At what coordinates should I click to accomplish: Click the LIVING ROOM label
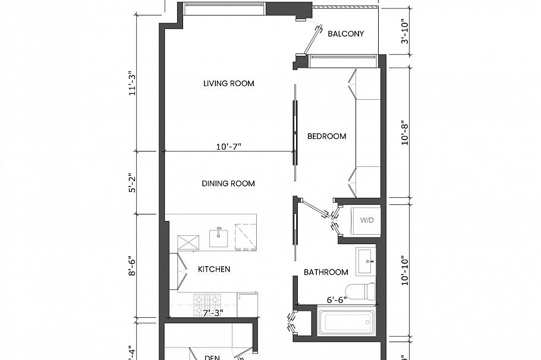[228, 83]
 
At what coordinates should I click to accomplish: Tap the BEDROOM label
[326, 136]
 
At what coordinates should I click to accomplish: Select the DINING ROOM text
[228, 184]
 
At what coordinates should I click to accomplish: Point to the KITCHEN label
[213, 269]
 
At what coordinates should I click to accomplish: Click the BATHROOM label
[326, 272]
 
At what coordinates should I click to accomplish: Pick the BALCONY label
[345, 34]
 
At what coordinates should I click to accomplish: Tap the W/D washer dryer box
[366, 220]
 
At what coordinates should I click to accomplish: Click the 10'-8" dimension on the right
[405, 132]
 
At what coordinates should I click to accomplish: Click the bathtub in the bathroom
[345, 323]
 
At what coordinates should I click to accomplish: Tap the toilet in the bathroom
[362, 292]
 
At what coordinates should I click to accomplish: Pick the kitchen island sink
[219, 237]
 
